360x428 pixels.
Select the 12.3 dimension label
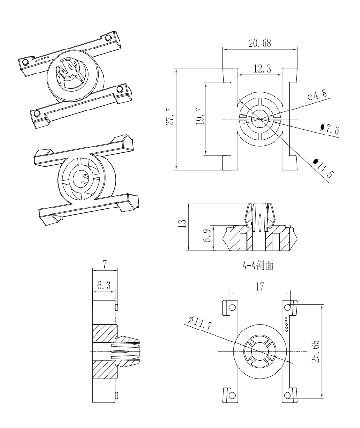pyautogui.click(x=262, y=69)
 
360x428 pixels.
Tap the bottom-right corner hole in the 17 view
pyautogui.click(x=288, y=395)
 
